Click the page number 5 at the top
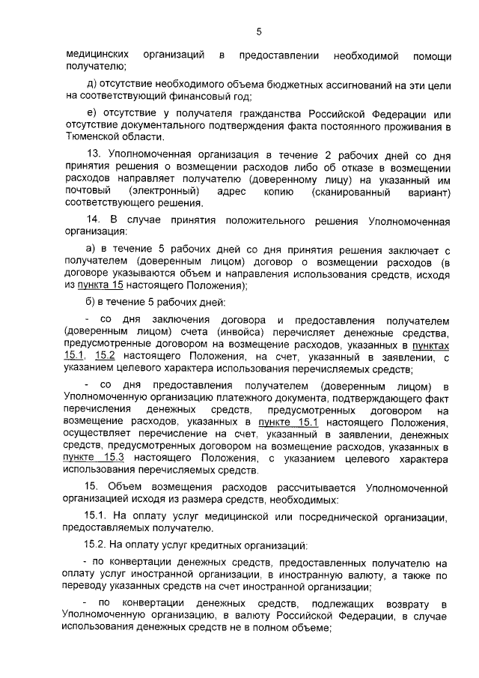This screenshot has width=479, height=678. pyautogui.click(x=258, y=31)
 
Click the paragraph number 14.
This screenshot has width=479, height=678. pyautogui.click(x=94, y=220)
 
